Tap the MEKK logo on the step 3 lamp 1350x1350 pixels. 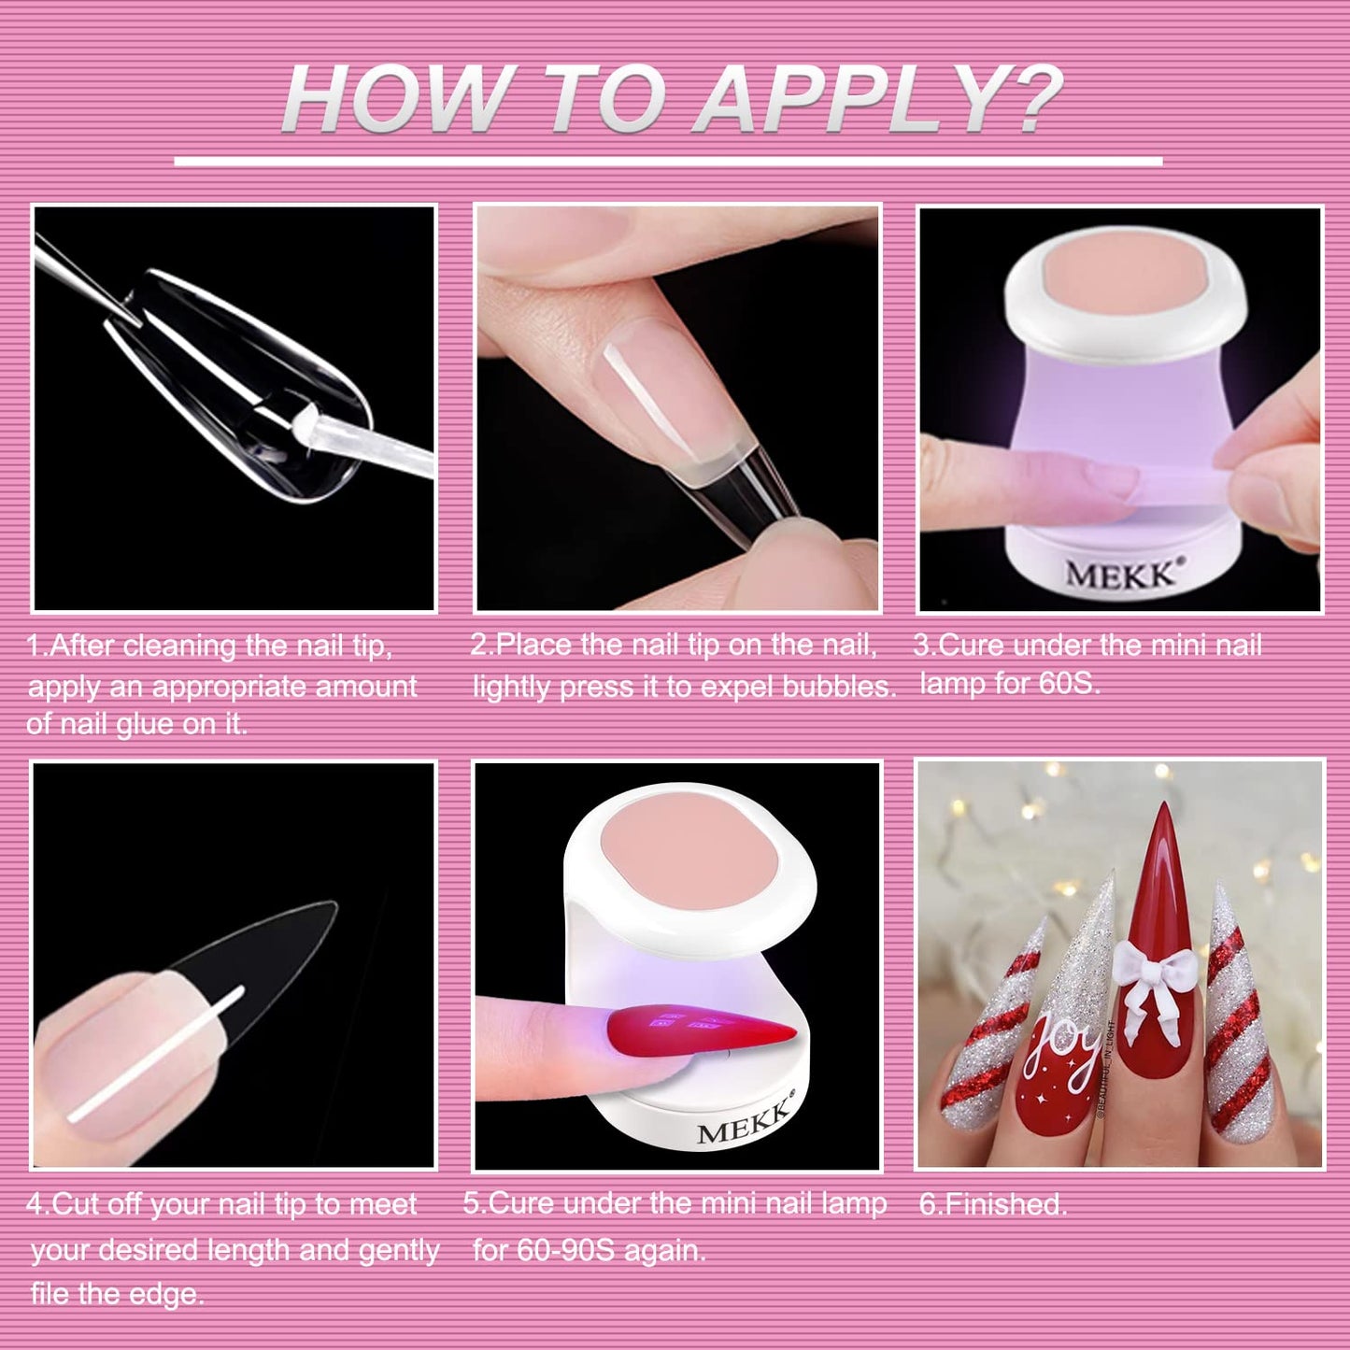pos(1120,573)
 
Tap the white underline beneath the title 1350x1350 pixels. pos(668,162)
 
